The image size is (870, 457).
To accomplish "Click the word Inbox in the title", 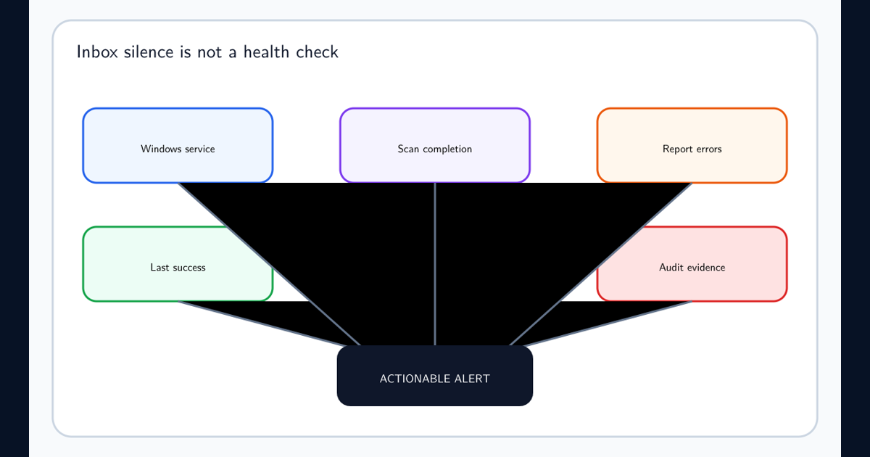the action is (x=97, y=52).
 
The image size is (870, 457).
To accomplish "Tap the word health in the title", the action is (x=267, y=52).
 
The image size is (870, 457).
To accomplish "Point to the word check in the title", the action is (x=317, y=52).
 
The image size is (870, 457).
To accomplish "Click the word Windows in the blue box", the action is (x=161, y=149).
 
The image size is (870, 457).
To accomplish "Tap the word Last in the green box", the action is (x=159, y=268).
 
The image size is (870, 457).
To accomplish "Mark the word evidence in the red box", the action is (x=706, y=268).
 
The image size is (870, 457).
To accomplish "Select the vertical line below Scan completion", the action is (x=435, y=264).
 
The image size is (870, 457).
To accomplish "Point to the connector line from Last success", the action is (x=262, y=324).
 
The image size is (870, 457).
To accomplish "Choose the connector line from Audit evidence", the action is (x=608, y=324).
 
